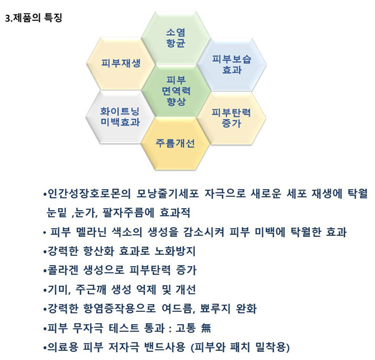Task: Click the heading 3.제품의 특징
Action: pos(33,18)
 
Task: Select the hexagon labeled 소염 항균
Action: pos(176,38)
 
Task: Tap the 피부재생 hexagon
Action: pos(121,63)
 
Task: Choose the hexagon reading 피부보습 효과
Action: pos(232,65)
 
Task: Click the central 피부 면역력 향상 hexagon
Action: pos(176,91)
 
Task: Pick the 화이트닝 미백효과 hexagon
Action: pos(120,117)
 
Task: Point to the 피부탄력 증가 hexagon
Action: pos(232,118)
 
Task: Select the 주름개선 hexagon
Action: pos(175,143)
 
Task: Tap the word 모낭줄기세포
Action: pos(168,194)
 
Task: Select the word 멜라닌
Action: pos(91,232)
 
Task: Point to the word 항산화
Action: pos(99,251)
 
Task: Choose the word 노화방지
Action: pos(175,251)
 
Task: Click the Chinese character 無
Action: pos(206,328)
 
